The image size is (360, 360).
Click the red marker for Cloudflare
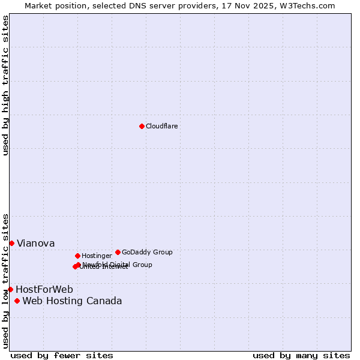click(x=142, y=126)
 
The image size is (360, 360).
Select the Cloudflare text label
click(x=162, y=126)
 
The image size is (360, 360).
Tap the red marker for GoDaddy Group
click(x=118, y=252)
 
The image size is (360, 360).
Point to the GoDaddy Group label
click(x=147, y=252)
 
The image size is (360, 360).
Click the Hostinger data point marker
click(x=77, y=256)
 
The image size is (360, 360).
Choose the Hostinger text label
click(x=97, y=256)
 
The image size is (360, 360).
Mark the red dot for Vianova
click(x=11, y=243)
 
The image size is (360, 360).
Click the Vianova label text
click(x=36, y=243)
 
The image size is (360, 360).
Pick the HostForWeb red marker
click(x=10, y=289)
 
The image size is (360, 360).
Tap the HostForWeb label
click(x=44, y=289)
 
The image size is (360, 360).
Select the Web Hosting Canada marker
click(x=17, y=301)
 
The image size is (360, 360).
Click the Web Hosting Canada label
click(x=72, y=301)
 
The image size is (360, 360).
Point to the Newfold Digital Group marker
click(x=78, y=265)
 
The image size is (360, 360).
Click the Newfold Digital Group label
click(x=118, y=264)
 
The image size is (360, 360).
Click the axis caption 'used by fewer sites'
click(x=62, y=355)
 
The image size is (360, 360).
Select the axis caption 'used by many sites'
click(x=301, y=355)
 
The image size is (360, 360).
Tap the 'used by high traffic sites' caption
click(x=5, y=85)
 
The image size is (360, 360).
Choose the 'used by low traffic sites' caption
click(x=5, y=281)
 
